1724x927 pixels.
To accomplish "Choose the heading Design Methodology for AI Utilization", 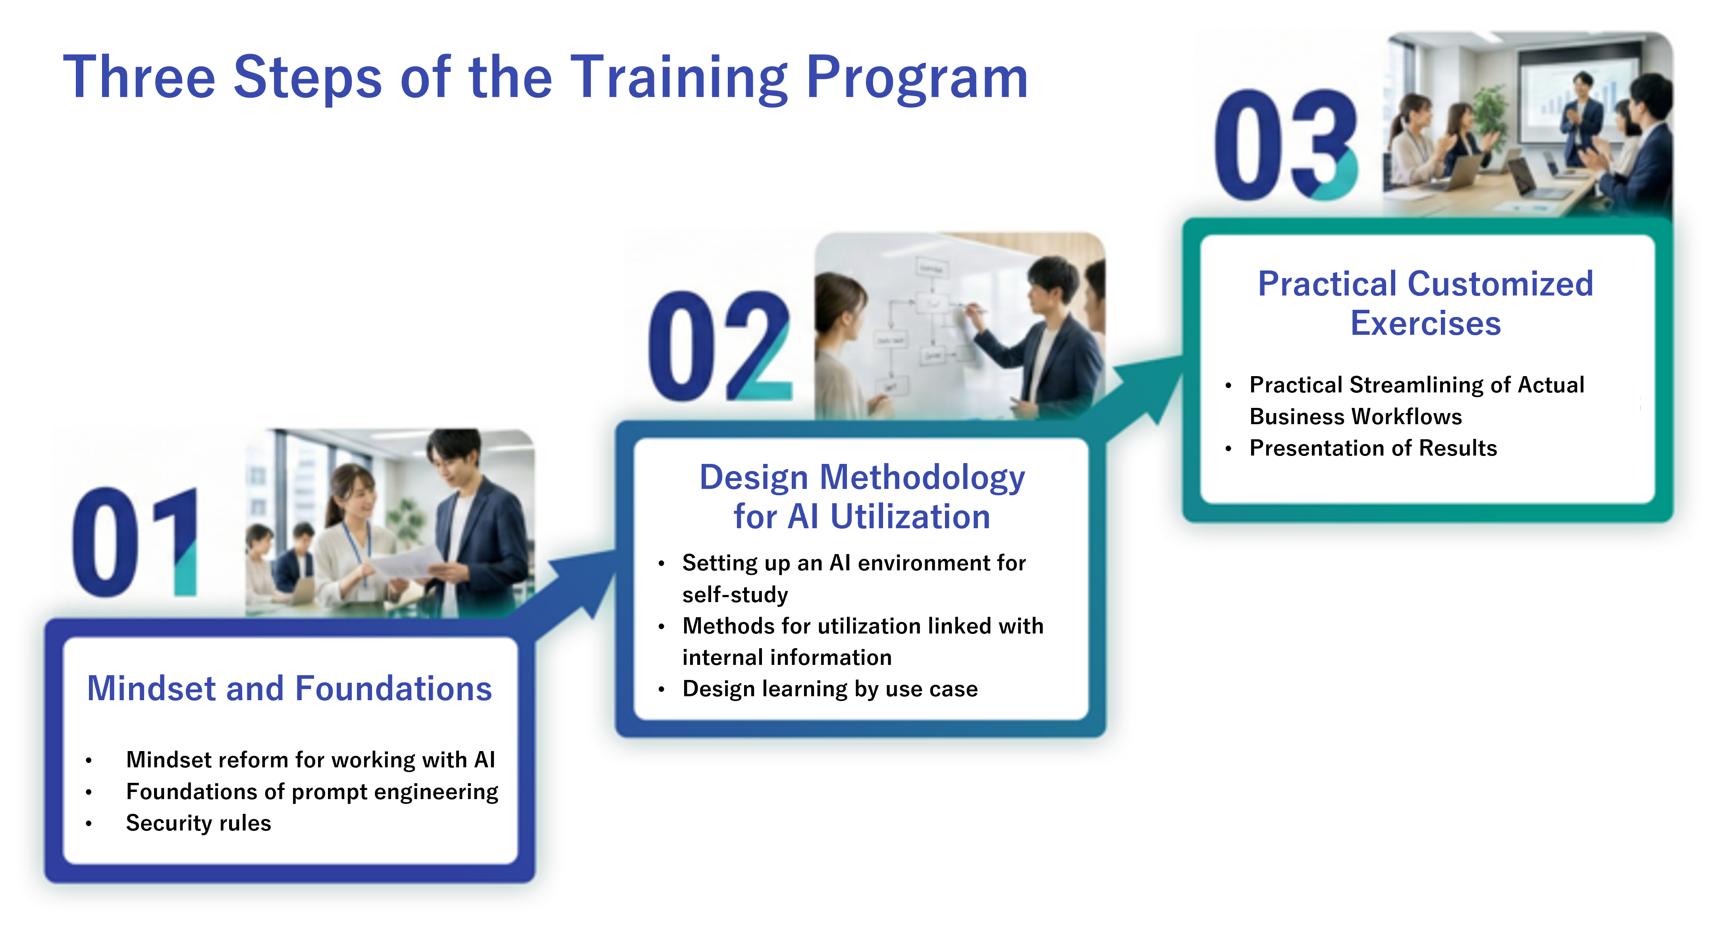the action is point(862,496).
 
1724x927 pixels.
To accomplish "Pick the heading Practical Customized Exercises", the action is point(1425,303).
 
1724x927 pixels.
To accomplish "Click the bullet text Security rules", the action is point(198,823).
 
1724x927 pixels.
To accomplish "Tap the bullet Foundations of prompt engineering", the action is point(312,792).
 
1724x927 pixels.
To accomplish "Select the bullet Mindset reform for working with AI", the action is point(310,760).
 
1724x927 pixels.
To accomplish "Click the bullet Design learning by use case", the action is point(830,689).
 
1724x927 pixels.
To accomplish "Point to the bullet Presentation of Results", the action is point(1373,448).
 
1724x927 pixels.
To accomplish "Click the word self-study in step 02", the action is point(735,594).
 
